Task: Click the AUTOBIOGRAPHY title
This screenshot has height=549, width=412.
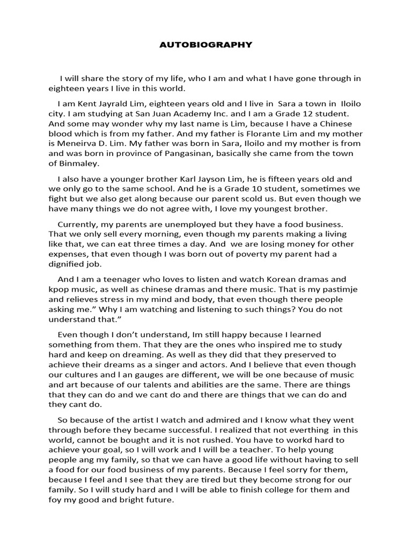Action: point(205,45)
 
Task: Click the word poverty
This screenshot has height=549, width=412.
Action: point(256,254)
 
